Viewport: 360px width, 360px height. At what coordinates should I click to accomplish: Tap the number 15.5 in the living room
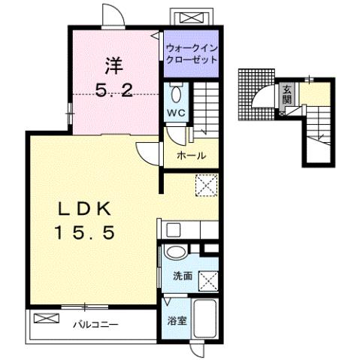[x=83, y=234]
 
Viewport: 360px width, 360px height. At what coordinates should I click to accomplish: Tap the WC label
[x=177, y=113]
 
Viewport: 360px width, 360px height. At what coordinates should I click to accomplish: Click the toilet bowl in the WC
[x=177, y=95]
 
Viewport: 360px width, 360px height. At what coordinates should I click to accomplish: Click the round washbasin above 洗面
[x=176, y=253]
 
